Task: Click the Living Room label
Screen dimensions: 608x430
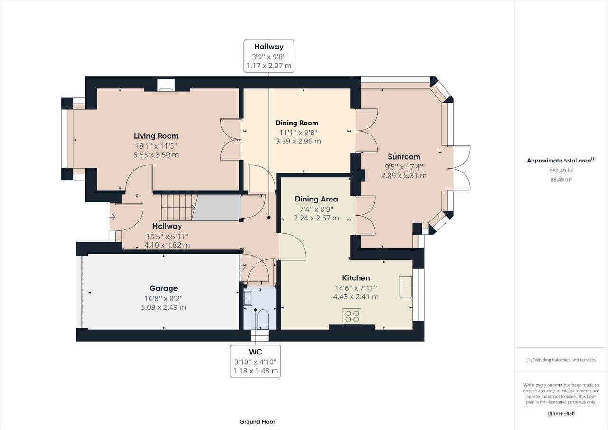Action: coord(156,136)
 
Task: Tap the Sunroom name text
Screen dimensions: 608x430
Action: coord(404,157)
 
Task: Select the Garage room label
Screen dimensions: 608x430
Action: coord(163,288)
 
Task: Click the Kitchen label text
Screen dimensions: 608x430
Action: coord(356,278)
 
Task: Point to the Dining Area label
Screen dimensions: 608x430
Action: coord(316,199)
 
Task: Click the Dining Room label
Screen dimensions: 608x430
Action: coord(297,123)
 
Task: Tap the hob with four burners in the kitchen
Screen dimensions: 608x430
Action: coord(352,316)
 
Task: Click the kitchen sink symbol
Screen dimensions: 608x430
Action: coord(406,287)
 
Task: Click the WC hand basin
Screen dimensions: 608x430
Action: coord(248,298)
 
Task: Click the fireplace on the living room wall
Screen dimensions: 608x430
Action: coord(166,85)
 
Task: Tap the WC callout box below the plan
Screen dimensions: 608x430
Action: coord(256,361)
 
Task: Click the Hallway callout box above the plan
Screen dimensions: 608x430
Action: coord(269,56)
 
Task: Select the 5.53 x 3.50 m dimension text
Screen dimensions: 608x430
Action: coord(156,155)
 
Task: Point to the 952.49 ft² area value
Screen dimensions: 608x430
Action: coord(561,171)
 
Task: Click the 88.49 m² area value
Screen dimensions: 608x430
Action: coord(561,179)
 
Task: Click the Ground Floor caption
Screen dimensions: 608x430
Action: coord(257,421)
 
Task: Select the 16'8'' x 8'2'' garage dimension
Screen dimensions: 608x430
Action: coord(163,298)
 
